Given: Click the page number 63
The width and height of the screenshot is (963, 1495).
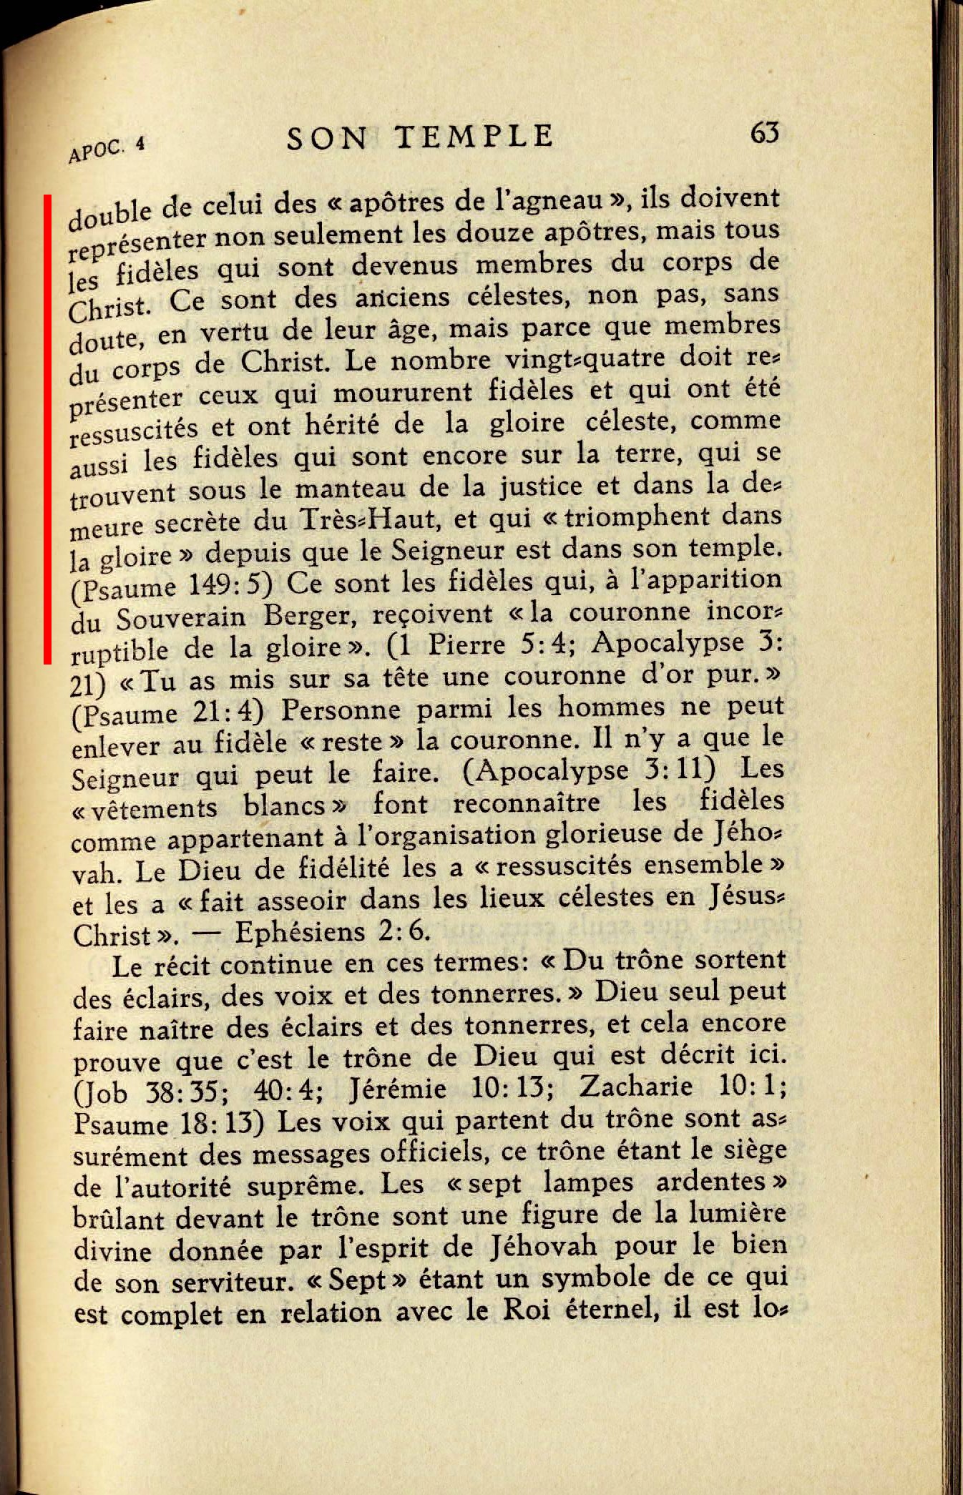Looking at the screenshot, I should (764, 133).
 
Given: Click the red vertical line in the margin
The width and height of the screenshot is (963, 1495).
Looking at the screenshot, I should (47, 429).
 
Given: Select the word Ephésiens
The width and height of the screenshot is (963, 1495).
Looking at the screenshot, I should (304, 931).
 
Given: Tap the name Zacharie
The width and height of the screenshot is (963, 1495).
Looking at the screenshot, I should (635, 1087).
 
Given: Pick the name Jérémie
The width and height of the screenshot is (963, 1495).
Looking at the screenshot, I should (398, 1089).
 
